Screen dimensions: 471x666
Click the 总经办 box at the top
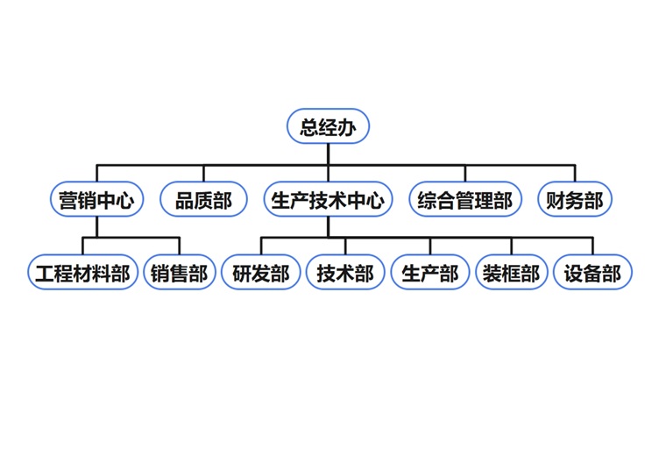point(329,127)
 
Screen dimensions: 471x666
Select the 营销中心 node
point(96,200)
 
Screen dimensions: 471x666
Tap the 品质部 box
point(204,200)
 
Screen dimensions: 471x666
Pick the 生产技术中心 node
point(329,200)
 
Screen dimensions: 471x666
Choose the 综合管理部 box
point(465,200)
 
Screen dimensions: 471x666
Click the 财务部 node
point(575,200)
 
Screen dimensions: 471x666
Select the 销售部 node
point(179,273)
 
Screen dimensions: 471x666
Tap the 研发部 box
point(261,273)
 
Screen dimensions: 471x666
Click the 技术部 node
point(345,273)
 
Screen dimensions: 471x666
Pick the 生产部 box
point(430,273)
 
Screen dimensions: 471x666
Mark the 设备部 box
point(592,273)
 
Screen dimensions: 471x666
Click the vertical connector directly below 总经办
point(329,153)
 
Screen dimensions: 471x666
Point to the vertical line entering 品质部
point(204,174)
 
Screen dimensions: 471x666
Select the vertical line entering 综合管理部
point(465,174)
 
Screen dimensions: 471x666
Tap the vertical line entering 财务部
point(575,174)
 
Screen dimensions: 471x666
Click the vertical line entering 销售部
point(179,246)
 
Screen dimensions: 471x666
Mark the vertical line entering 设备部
point(592,246)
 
